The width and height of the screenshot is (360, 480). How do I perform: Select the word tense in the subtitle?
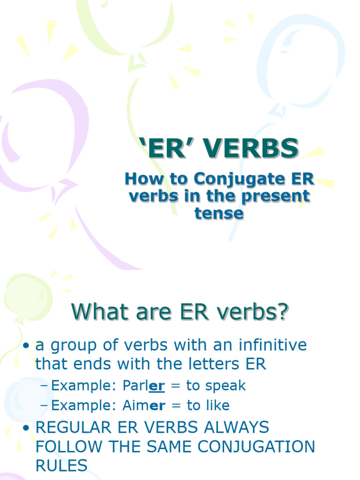point(219,214)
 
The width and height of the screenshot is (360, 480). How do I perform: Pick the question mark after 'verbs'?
point(281,312)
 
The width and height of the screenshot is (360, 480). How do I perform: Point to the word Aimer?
point(143,405)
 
